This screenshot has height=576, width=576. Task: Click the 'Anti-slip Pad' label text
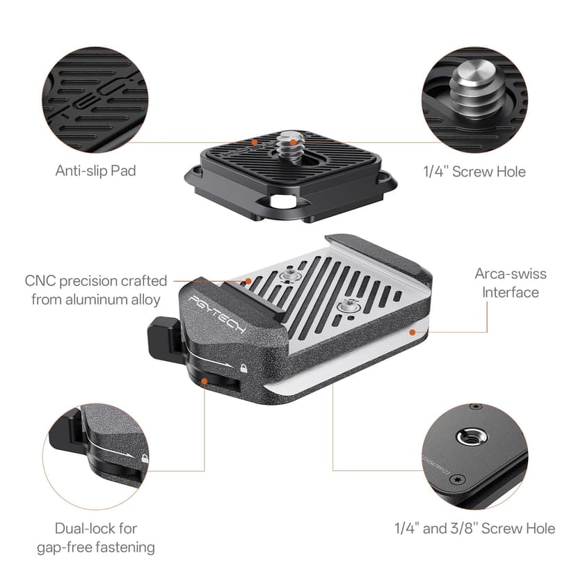pos(95,170)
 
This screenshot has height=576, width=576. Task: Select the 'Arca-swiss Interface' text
pos(506,282)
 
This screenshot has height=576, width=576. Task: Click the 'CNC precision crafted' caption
pos(96,281)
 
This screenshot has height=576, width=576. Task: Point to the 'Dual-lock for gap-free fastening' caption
pos(95,538)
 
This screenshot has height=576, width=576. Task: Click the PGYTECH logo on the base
pos(217,315)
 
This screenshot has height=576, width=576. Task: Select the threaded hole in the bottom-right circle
pos(466,438)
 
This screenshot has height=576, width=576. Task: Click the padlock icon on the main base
pos(243,367)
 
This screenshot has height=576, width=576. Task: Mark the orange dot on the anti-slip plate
pos(255,141)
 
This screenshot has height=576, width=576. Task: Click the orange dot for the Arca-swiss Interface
pos(413,333)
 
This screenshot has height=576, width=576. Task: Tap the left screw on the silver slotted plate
pos(287,278)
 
